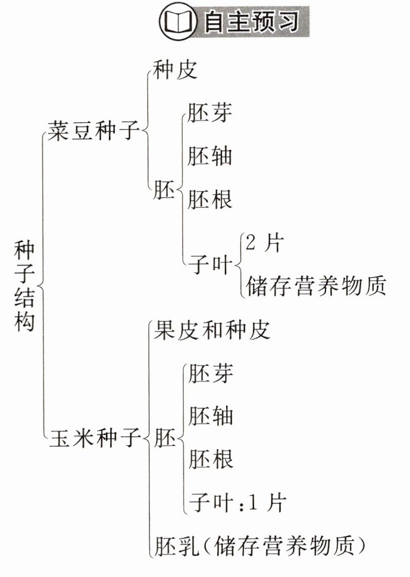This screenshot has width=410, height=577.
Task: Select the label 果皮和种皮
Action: [211, 329]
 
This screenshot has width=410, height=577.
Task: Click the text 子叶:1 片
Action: [237, 503]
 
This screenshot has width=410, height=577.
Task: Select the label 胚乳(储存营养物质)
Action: [258, 546]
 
